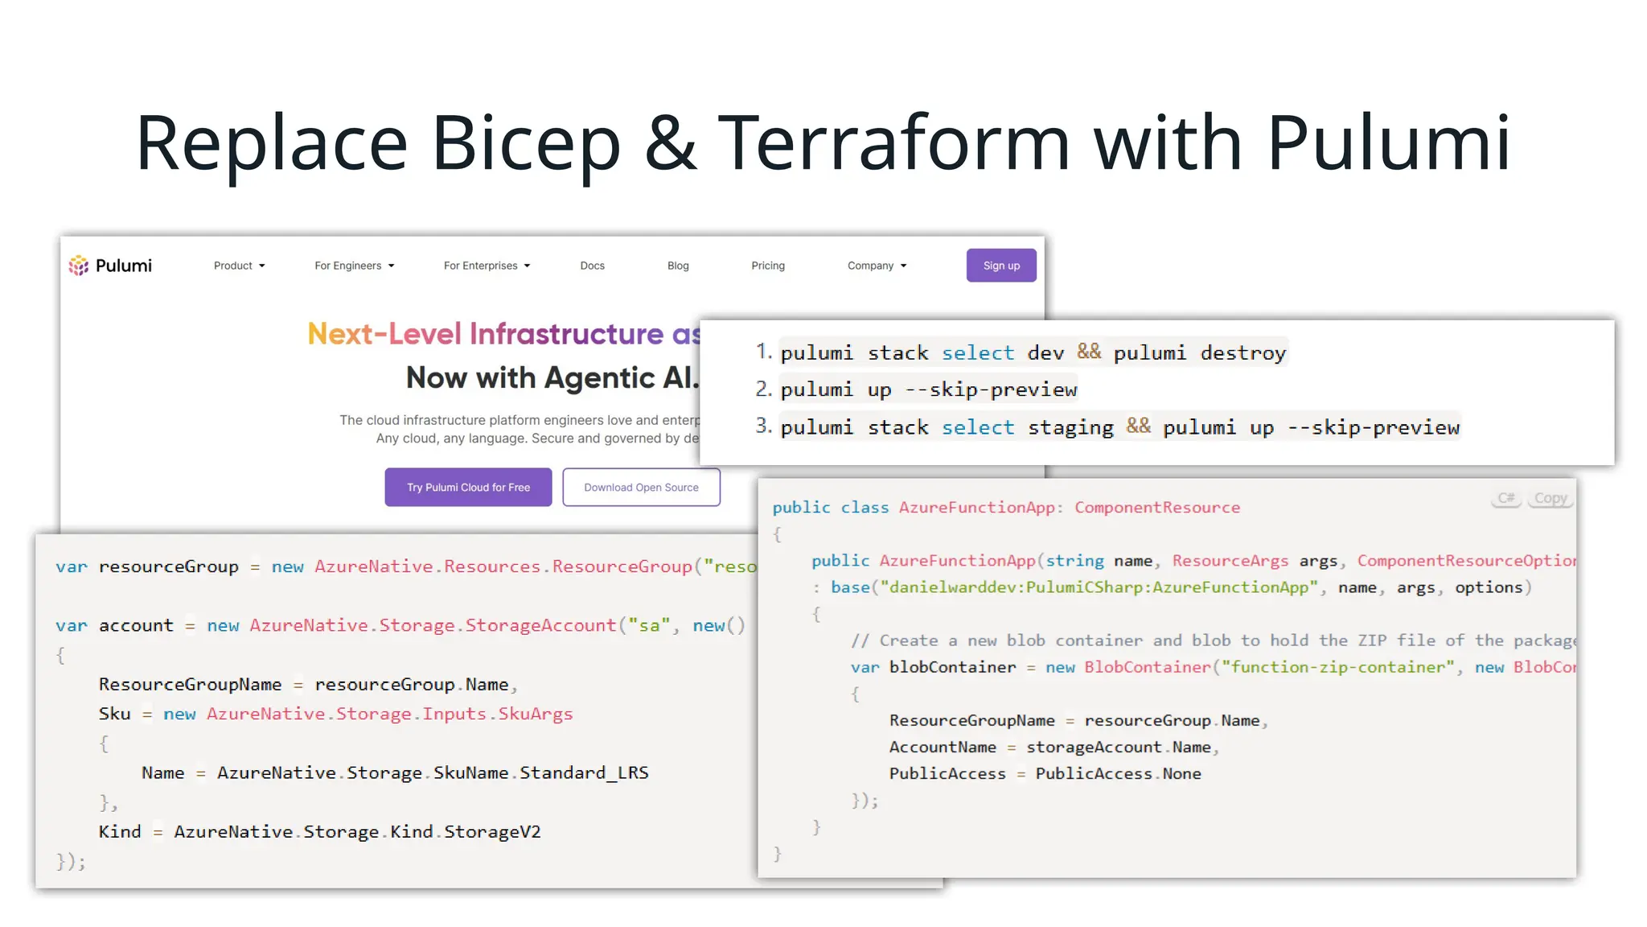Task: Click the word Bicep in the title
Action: point(526,143)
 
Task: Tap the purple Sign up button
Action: point(1000,266)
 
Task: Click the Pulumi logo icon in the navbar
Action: point(78,266)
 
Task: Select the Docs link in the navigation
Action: point(592,266)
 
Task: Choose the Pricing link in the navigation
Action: point(767,266)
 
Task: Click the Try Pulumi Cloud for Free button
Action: point(468,487)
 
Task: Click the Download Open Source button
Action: point(641,487)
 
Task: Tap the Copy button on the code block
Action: point(1550,498)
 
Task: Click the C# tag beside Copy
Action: point(1505,498)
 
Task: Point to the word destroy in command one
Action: point(1242,352)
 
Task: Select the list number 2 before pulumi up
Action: point(762,389)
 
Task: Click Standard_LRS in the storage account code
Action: point(584,772)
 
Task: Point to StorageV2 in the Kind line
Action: point(492,831)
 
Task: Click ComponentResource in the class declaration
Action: point(1156,507)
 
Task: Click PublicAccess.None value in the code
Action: point(1118,773)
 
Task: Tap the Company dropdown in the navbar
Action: point(876,266)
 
